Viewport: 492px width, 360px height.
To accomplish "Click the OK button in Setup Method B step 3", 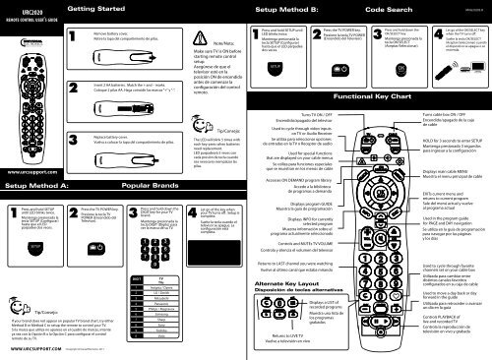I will pyautogui.click(x=400, y=73).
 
